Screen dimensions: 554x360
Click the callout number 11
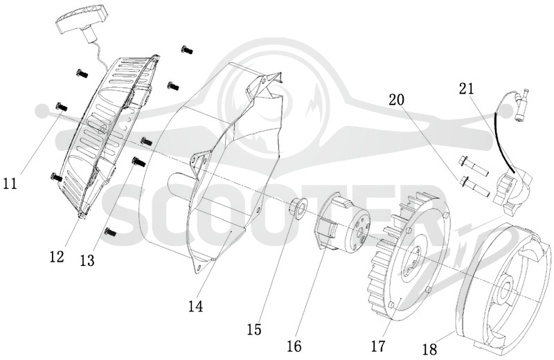pos(10,183)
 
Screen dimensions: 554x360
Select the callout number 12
pos(57,257)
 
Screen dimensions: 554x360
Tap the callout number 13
pos(87,261)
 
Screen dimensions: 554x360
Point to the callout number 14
pos(196,306)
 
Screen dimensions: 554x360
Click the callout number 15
pos(254,330)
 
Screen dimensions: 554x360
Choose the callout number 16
pos(294,346)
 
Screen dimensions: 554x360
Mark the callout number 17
pos(377,346)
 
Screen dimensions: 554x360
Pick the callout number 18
pos(429,350)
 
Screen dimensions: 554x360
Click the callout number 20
pos(396,100)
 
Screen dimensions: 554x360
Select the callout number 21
pos(466,89)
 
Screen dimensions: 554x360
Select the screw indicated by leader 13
pos(138,162)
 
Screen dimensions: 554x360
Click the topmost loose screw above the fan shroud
pos(187,50)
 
